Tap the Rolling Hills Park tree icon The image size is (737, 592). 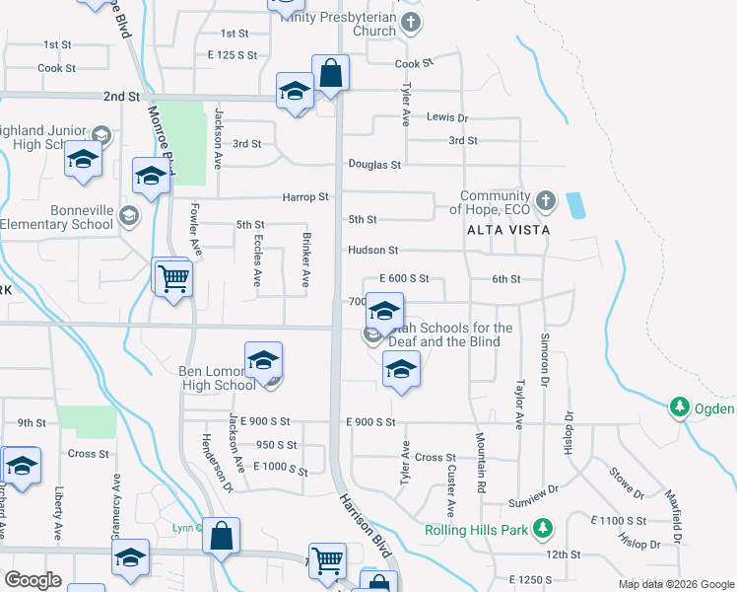coord(540,529)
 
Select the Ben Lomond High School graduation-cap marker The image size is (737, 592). coord(263,362)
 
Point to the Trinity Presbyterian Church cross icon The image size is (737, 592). coord(412,22)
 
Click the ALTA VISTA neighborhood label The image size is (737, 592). coord(509,229)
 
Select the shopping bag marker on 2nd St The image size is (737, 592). coord(331,73)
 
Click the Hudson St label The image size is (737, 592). coord(372,251)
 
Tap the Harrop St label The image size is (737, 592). coord(305,197)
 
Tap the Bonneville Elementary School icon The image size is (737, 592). coord(128,215)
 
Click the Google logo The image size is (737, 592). coord(33,580)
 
